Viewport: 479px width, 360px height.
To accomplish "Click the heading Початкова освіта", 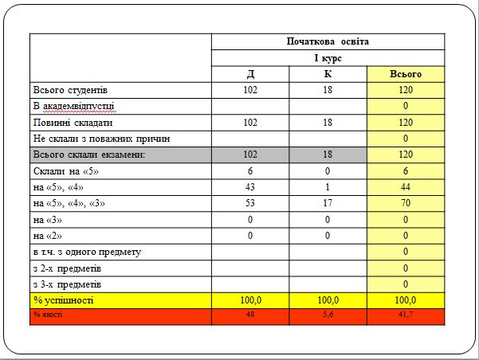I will pyautogui.click(x=328, y=41).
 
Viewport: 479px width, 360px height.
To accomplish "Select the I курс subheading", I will pyautogui.click(x=328, y=58).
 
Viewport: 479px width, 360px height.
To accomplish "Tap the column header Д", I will pyautogui.click(x=250, y=74).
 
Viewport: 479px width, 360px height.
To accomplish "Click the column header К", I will pyautogui.click(x=328, y=74).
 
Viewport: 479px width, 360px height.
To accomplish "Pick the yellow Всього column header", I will pyautogui.click(x=405, y=74).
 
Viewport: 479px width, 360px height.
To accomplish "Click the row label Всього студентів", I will pyautogui.click(x=76, y=90).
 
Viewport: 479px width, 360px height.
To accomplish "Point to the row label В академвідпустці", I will pyautogui.click(x=74, y=106).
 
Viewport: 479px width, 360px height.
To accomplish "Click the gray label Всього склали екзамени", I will pyautogui.click(x=88, y=155).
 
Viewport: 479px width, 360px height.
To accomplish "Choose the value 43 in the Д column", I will pyautogui.click(x=250, y=187).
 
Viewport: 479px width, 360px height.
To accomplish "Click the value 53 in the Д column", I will pyautogui.click(x=250, y=203).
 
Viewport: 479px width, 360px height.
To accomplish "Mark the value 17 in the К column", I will pyautogui.click(x=328, y=203).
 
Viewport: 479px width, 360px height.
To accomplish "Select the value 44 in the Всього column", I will pyautogui.click(x=405, y=187).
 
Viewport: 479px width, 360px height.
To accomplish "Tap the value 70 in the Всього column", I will pyautogui.click(x=405, y=203).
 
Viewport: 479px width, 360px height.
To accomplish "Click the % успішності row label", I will pyautogui.click(x=63, y=300).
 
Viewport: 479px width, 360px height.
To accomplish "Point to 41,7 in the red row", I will pyautogui.click(x=405, y=315).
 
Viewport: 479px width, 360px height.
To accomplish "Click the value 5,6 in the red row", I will pyautogui.click(x=328, y=315).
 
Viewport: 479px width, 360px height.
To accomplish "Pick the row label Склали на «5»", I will pyautogui.click(x=65, y=171).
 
